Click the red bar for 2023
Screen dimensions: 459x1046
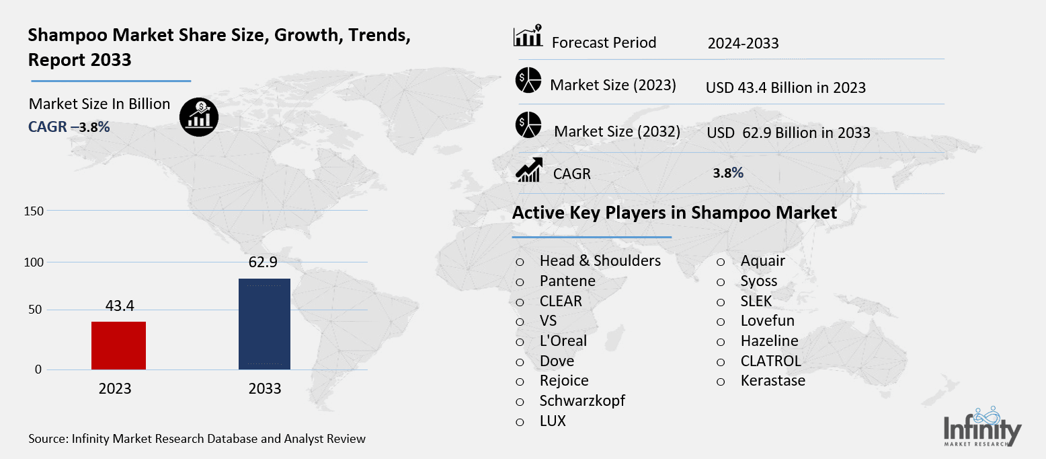(x=118, y=345)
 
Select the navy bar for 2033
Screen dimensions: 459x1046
(x=264, y=324)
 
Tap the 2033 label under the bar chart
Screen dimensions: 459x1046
(x=265, y=389)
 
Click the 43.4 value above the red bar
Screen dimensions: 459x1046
(x=120, y=306)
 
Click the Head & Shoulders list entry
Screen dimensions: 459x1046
(x=600, y=260)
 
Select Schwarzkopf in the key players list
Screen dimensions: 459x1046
(x=582, y=400)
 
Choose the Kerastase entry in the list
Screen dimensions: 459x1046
(x=772, y=381)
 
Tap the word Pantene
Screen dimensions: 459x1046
(x=567, y=281)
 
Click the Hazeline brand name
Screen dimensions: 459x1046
(x=769, y=341)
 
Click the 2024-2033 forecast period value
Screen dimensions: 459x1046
(x=743, y=44)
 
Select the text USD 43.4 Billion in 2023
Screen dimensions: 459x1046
(x=785, y=87)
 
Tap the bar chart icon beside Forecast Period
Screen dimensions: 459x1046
(x=528, y=38)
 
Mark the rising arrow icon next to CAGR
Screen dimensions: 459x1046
(x=528, y=170)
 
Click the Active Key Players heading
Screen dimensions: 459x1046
(x=674, y=213)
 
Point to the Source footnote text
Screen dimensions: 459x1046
(x=197, y=439)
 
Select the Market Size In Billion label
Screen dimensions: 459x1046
(x=99, y=104)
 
